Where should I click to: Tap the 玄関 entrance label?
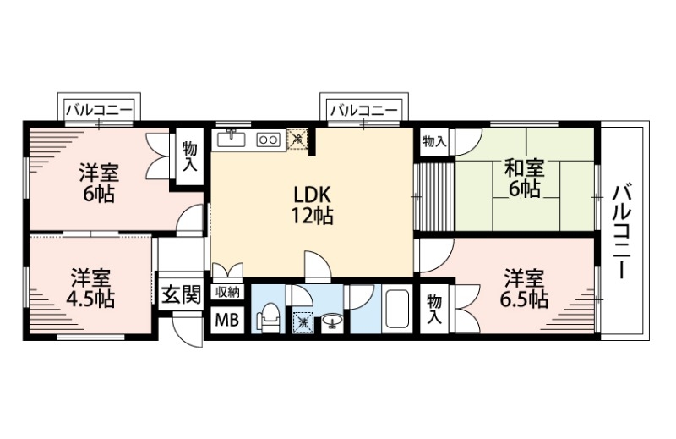tap(181, 294)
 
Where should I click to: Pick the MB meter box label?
tap(225, 321)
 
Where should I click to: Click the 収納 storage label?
tap(226, 293)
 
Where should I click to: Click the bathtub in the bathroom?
tap(395, 312)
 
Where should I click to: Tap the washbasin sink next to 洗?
tap(330, 321)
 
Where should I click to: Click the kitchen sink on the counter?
tap(231, 138)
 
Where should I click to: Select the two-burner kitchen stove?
tap(268, 139)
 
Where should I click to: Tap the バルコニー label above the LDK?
tap(364, 110)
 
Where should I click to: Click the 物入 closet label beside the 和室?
tap(434, 141)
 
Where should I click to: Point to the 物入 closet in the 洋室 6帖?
tap(189, 156)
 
